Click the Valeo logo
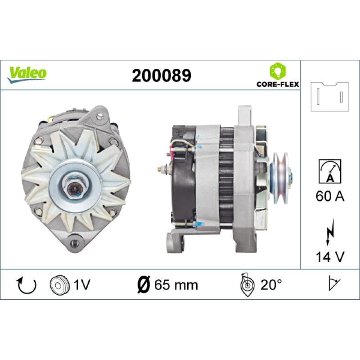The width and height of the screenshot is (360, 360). (x=27, y=74)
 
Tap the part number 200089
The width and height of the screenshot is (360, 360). (x=162, y=76)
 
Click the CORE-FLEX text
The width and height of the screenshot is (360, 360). (x=278, y=84)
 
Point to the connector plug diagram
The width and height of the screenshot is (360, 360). (x=330, y=97)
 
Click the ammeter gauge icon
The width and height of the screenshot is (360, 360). (x=330, y=171)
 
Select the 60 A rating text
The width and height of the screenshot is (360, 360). (x=330, y=196)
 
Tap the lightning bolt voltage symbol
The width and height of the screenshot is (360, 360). (x=330, y=232)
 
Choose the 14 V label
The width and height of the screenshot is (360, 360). (x=330, y=256)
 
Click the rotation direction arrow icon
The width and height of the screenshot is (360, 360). (x=27, y=285)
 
